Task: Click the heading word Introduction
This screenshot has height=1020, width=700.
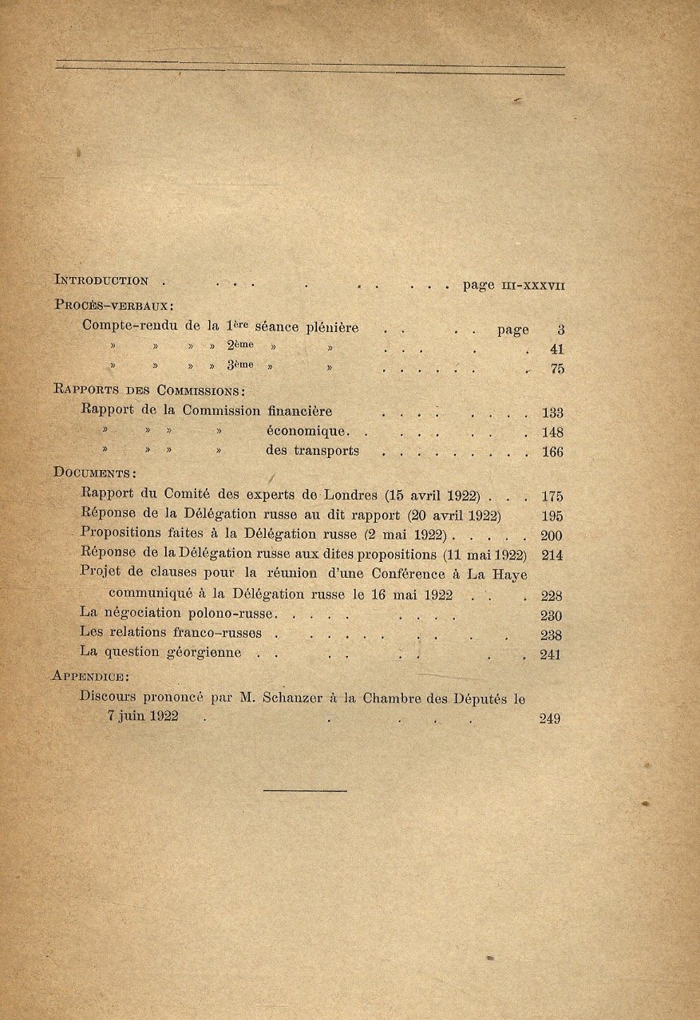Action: (101, 280)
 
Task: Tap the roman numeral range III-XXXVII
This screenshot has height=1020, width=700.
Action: (532, 285)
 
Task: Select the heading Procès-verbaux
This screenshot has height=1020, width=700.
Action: (114, 304)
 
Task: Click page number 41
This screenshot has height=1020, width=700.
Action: (556, 349)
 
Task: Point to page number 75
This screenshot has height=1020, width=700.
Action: (556, 370)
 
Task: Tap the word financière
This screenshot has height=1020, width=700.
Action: (299, 411)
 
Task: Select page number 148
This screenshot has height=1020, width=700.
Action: (552, 433)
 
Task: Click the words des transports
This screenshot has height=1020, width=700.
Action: (312, 452)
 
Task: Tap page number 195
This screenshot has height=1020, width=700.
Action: (552, 516)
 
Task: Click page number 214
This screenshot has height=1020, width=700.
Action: (552, 555)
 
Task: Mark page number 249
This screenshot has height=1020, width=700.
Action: (550, 718)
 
